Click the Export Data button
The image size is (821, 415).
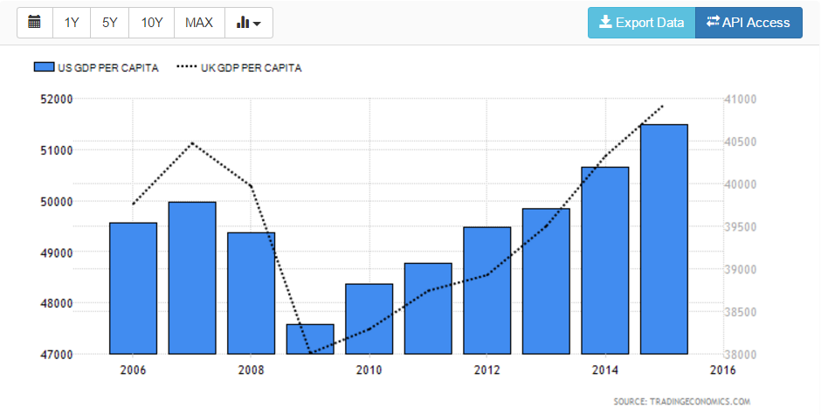tap(641, 23)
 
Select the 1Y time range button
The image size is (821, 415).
tap(72, 23)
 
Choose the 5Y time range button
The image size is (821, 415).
tap(109, 23)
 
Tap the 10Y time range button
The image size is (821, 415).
tap(152, 23)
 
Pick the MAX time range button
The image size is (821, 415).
tap(199, 23)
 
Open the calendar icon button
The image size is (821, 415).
tap(35, 23)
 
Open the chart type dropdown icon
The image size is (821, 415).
tap(249, 23)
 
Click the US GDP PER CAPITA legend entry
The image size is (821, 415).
tap(96, 68)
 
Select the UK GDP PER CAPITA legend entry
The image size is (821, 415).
tap(239, 68)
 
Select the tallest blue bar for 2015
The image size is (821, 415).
tap(664, 239)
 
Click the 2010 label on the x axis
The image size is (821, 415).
tap(369, 370)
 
